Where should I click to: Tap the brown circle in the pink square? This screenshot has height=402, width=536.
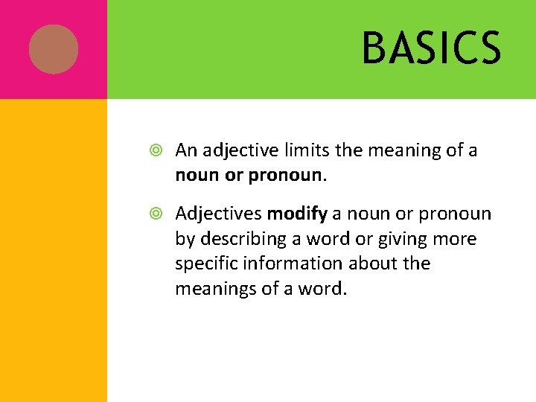click(54, 48)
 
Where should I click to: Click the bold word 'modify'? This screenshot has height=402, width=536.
click(297, 214)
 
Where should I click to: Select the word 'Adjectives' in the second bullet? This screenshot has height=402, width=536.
click(219, 214)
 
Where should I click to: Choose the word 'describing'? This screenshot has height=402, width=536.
click(241, 240)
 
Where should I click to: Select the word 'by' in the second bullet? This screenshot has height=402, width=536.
click(184, 240)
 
